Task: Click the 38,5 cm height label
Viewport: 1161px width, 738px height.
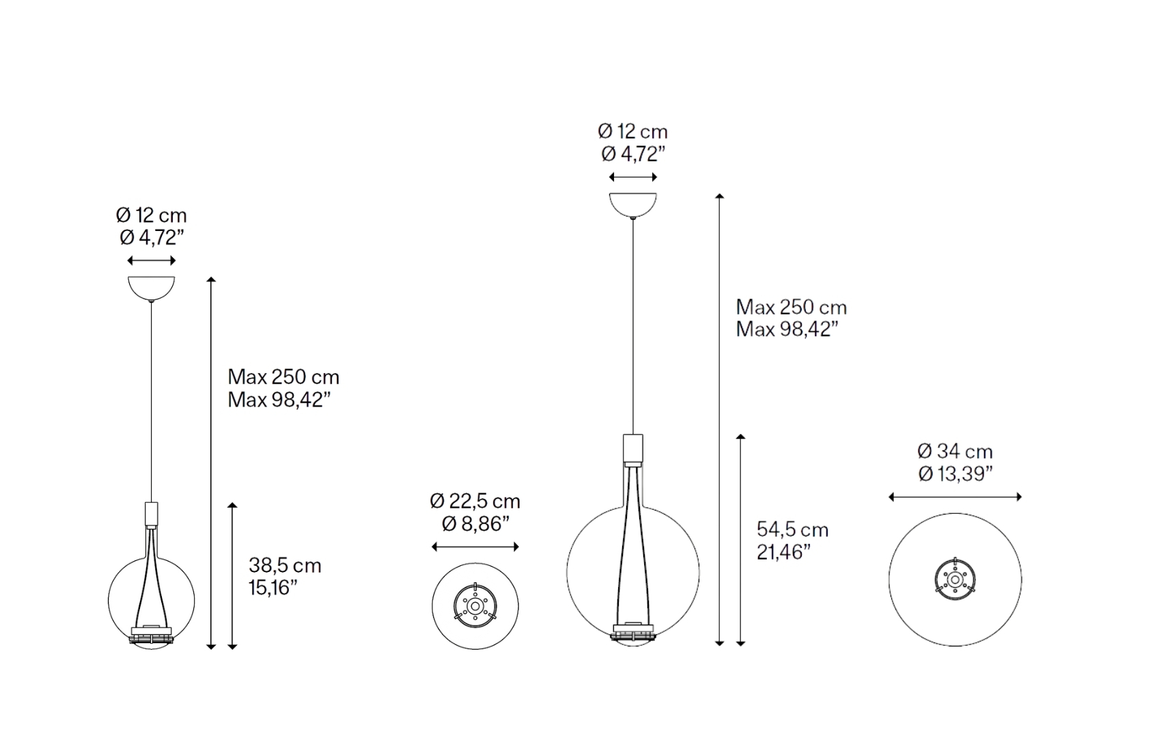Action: [285, 565]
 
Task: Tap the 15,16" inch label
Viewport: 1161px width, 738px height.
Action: [273, 588]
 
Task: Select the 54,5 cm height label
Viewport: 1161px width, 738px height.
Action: [792, 530]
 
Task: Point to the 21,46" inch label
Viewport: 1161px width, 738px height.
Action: [783, 552]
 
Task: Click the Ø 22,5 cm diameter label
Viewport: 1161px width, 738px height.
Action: [475, 502]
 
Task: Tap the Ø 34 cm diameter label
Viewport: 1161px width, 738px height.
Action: [955, 452]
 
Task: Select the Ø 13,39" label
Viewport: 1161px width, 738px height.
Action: [955, 474]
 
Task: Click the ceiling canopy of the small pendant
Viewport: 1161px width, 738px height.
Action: [152, 288]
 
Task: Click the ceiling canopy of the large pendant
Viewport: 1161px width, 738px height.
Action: [633, 205]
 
